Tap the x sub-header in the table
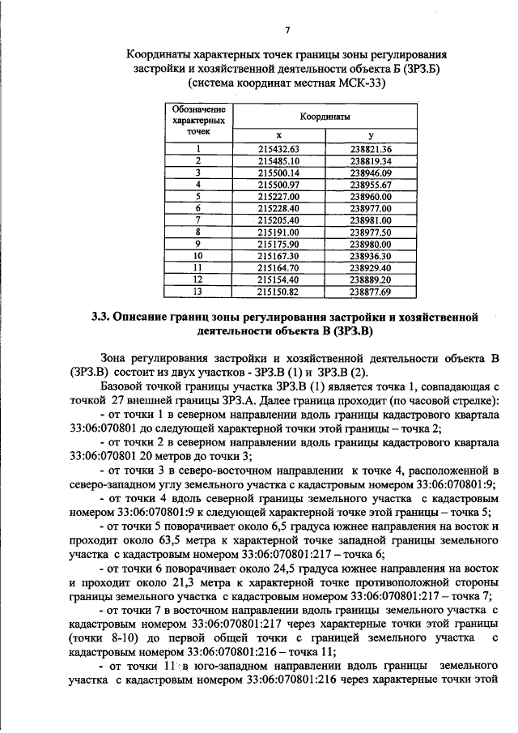click(278, 135)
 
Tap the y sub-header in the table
click(371, 135)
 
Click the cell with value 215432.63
click(278, 149)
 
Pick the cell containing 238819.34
click(371, 160)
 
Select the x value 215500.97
click(278, 185)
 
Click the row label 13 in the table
click(197, 291)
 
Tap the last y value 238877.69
click(371, 291)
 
